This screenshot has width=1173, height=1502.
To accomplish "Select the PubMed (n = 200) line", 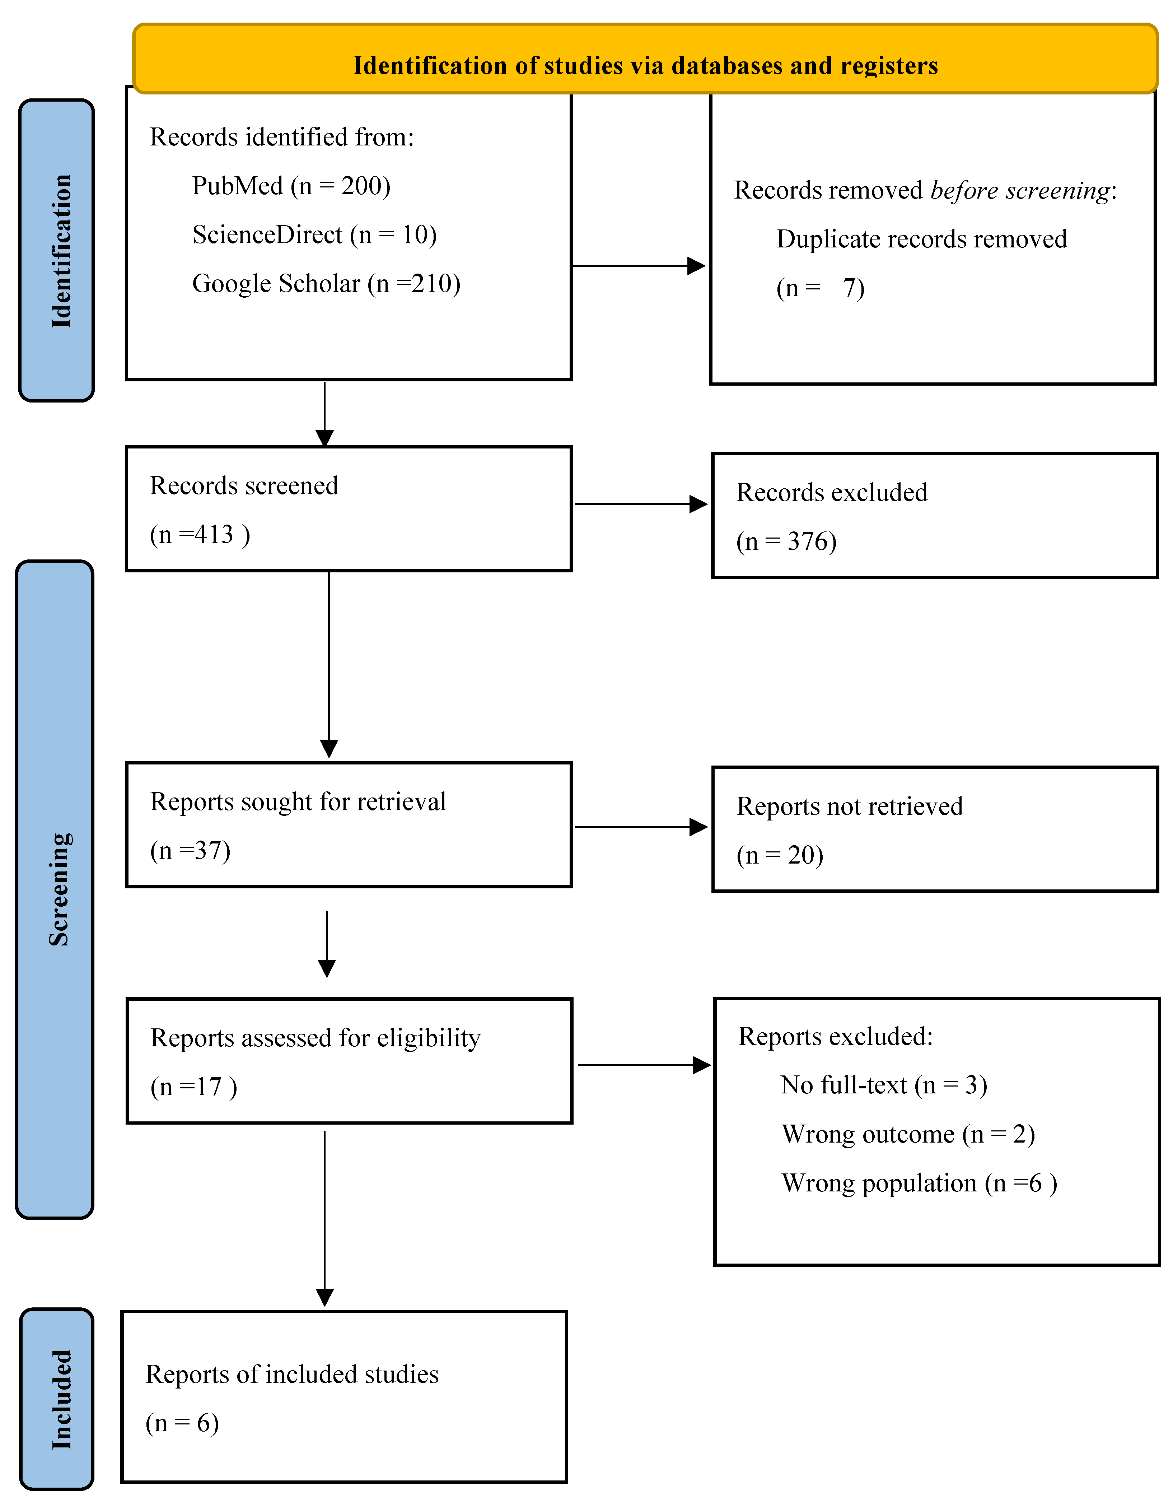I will click(x=291, y=186).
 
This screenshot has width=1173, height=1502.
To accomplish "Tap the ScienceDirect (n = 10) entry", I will click(x=314, y=234).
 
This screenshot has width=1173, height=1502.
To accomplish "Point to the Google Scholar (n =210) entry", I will click(x=326, y=283).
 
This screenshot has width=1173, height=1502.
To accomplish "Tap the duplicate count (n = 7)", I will click(x=819, y=288).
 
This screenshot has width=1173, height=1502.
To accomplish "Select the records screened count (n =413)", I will click(x=200, y=534).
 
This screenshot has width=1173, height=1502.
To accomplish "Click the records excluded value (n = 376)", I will click(x=786, y=541).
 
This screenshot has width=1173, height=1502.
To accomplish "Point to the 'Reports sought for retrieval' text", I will click(x=298, y=802).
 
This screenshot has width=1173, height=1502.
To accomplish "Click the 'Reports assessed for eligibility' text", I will click(x=315, y=1038).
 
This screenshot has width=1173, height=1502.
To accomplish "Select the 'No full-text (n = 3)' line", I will click(x=884, y=1085).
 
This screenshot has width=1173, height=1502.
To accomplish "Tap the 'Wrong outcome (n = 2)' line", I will click(x=908, y=1134).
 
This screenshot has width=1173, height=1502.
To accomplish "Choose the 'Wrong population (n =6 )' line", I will click(x=919, y=1183).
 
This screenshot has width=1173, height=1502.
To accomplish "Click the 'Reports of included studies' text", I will click(x=291, y=1374).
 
